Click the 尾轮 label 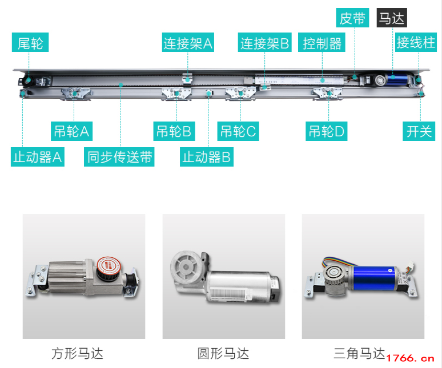coord(30,42)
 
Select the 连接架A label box coord(188,42)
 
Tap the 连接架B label coord(265,42)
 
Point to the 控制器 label coord(322,42)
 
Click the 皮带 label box coord(352,18)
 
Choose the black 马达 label coord(392,18)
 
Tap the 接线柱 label coord(416,42)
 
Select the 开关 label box coord(419,131)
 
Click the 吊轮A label coord(71,131)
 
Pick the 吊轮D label coord(327,131)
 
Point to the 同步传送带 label coord(119,157)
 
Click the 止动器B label coord(207,157)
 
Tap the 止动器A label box coord(38,157)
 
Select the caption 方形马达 coord(77,353)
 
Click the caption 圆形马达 coord(223,353)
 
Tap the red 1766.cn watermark coord(411,358)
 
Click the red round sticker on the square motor coord(109,266)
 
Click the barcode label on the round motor coord(229,293)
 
